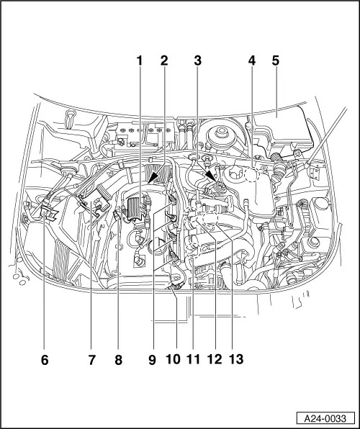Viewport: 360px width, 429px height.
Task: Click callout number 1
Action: [140, 61]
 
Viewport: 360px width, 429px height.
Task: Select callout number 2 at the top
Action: [164, 61]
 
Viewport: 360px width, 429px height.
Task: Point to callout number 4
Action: [251, 61]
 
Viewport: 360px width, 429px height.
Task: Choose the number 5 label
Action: [276, 61]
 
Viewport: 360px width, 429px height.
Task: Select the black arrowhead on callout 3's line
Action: [210, 176]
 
